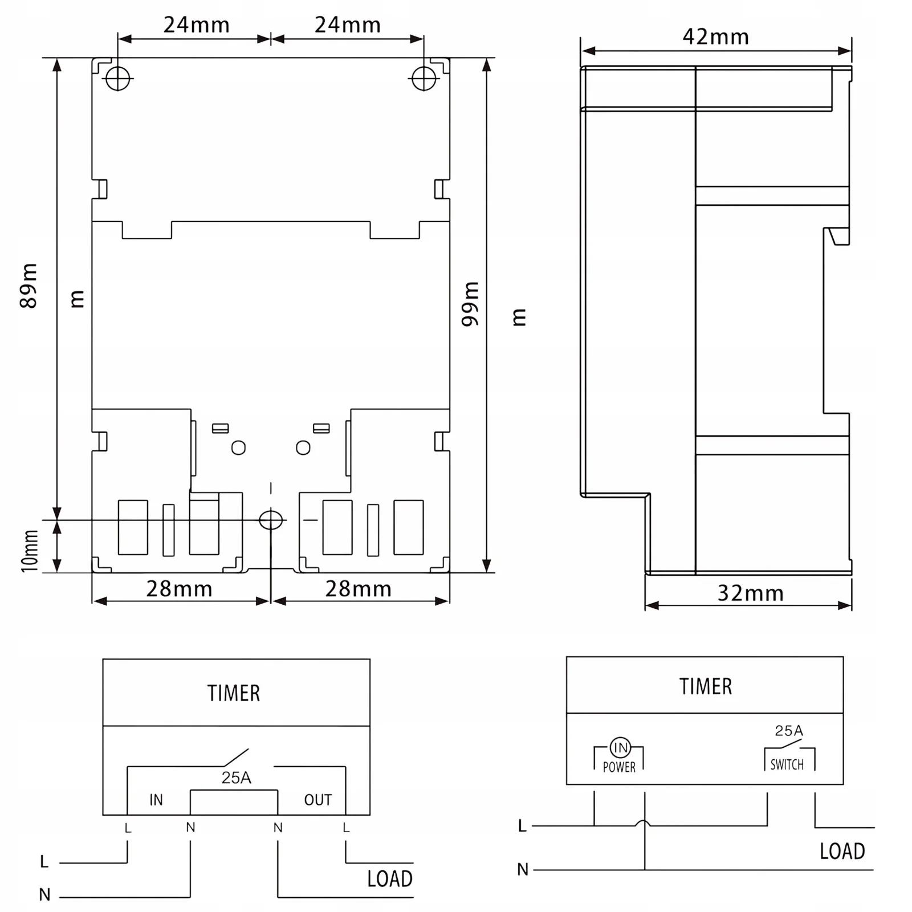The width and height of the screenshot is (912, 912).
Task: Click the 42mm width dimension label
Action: click(715, 37)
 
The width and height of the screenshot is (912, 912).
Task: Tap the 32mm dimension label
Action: click(750, 593)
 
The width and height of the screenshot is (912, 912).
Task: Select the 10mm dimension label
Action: click(30, 551)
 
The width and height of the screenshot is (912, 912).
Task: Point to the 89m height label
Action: click(28, 286)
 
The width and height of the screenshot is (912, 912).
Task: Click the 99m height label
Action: click(470, 304)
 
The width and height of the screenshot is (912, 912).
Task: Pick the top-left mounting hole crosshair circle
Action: click(118, 78)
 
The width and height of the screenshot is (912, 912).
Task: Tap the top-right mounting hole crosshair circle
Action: click(424, 78)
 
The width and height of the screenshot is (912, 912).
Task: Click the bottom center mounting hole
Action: click(271, 520)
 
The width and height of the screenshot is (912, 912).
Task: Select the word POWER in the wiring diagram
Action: click(619, 767)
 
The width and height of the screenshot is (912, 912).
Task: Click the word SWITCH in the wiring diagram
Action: click(787, 764)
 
